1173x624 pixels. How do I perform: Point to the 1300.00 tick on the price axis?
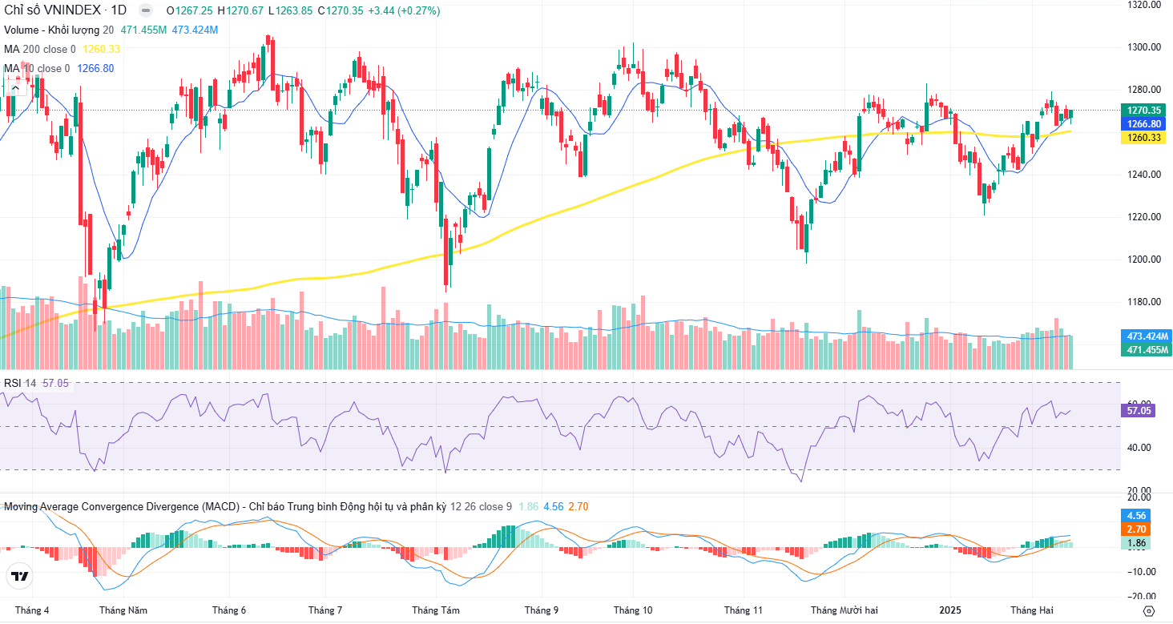[x=1145, y=46]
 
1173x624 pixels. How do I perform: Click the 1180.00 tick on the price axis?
[x=1145, y=302]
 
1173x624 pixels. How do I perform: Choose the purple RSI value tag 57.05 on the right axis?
[x=1139, y=410]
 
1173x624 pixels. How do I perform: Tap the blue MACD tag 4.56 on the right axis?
[x=1137, y=515]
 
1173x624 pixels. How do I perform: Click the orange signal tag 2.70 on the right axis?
[x=1137, y=529]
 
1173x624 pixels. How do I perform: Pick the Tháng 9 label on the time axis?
[x=542, y=610]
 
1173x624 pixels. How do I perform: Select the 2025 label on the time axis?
[x=951, y=610]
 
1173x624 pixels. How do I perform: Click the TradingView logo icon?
[x=20, y=576]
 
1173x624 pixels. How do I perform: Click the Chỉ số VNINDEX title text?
[x=54, y=11]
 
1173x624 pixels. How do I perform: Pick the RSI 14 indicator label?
[x=20, y=383]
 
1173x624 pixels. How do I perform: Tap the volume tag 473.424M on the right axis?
[x=1148, y=336]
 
